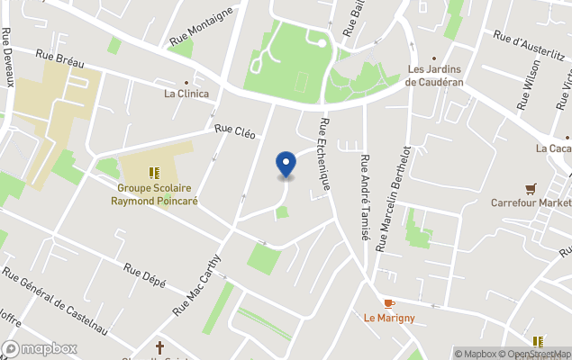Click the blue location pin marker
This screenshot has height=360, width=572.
tap(286, 164)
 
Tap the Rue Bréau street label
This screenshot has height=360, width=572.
tap(59, 56)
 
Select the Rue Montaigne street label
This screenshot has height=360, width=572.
tap(202, 27)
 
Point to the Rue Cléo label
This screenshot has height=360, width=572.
tap(234, 130)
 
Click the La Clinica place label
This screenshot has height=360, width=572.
tap(186, 94)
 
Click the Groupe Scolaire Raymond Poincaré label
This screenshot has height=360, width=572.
tap(154, 194)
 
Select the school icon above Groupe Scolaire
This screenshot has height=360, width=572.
tap(154, 172)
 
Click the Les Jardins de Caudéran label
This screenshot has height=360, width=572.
tap(436, 75)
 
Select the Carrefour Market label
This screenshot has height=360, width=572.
tap(531, 203)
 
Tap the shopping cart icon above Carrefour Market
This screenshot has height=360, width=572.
tap(531, 188)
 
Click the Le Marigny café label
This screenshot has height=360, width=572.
tap(389, 318)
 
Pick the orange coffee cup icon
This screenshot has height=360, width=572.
tap(389, 303)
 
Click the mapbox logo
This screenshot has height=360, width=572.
tap(40, 348)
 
